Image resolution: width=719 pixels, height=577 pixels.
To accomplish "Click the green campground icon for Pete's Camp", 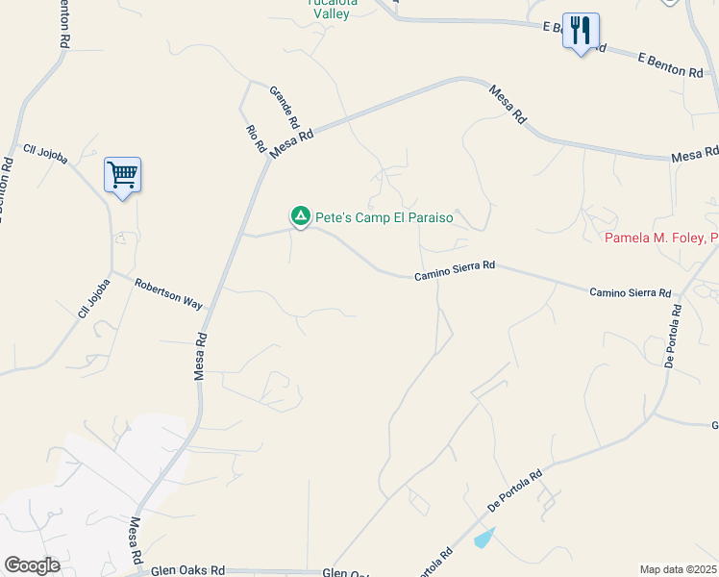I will pyautogui.click(x=301, y=217).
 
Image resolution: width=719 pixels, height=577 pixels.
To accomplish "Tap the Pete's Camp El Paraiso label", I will pyautogui.click(x=384, y=217).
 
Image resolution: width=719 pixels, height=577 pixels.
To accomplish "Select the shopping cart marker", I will pyautogui.click(x=122, y=175).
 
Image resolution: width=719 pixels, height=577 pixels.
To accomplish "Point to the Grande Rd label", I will pyautogui.click(x=285, y=108).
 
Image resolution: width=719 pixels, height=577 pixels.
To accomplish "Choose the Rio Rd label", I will pyautogui.click(x=255, y=139).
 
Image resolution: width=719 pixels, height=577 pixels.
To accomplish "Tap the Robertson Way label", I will pyautogui.click(x=168, y=293).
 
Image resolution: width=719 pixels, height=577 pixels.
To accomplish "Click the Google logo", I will pyautogui.click(x=32, y=564).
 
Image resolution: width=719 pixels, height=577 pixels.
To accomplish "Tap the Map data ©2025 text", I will pyautogui.click(x=678, y=569).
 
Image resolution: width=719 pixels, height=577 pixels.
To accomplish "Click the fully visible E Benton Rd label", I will pyautogui.click(x=671, y=65).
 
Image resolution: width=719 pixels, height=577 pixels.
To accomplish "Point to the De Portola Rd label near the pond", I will pyautogui.click(x=515, y=490).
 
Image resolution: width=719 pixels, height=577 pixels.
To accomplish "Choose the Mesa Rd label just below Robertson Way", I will pyautogui.click(x=201, y=356).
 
